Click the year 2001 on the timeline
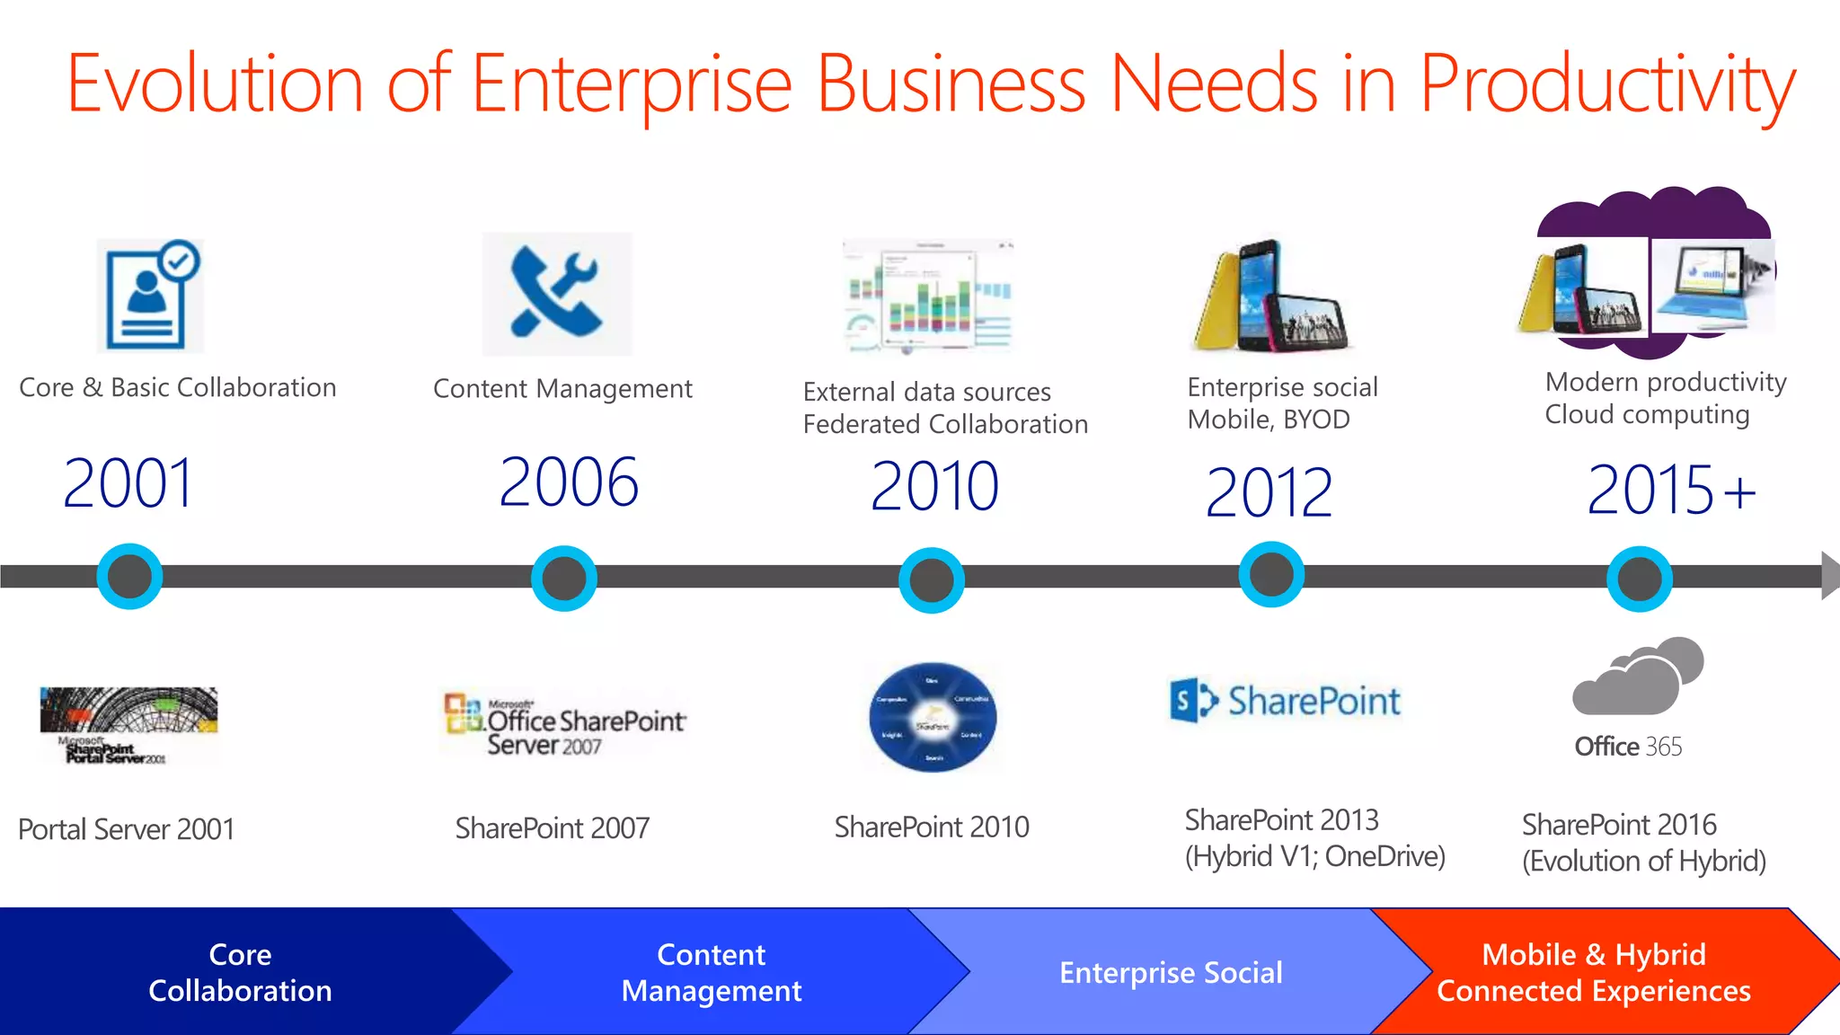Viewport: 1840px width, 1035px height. [128, 483]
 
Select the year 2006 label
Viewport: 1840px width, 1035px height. [569, 482]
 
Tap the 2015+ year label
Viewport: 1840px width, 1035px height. [1670, 490]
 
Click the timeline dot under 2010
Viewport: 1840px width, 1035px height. [932, 579]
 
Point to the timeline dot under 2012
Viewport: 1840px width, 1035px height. [1271, 574]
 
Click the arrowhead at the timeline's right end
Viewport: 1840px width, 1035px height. [1829, 575]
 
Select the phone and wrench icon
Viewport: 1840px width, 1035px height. [557, 294]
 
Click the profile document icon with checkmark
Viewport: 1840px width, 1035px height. [150, 296]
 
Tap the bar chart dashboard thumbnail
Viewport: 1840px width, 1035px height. [929, 296]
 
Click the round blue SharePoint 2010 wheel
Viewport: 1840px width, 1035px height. [933, 718]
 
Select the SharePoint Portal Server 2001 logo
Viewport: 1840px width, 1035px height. [128, 725]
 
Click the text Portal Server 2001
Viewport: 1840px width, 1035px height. [126, 828]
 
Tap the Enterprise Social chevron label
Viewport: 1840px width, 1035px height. [1170, 972]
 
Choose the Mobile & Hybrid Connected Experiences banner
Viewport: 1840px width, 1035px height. [1593, 972]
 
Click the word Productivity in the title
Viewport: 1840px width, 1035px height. [1606, 85]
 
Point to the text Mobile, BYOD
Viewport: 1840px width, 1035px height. [1268, 420]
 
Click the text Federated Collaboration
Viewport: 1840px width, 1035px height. [944, 424]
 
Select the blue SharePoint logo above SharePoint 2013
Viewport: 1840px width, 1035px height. [1285, 701]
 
